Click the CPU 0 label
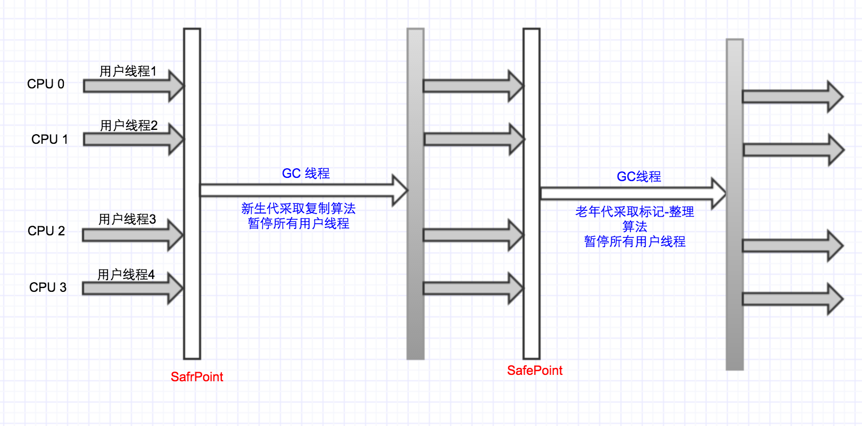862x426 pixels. [x=46, y=84]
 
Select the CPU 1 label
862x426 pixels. [x=49, y=140]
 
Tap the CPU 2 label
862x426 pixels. [x=46, y=231]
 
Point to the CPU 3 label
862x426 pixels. [x=48, y=288]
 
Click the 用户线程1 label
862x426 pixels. [x=128, y=71]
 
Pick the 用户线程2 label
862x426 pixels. [x=129, y=126]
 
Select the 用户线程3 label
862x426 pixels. [x=127, y=219]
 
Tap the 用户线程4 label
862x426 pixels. [x=126, y=275]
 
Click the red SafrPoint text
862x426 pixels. [x=197, y=377]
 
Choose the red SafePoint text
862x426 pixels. [x=535, y=371]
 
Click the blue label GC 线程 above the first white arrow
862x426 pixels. [x=306, y=174]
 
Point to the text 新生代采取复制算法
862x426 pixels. [x=299, y=208]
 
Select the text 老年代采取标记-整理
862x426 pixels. [x=635, y=212]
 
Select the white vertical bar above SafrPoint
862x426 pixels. [x=192, y=194]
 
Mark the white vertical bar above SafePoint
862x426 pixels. [x=532, y=194]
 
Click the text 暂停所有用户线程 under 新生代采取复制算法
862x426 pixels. [x=299, y=224]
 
